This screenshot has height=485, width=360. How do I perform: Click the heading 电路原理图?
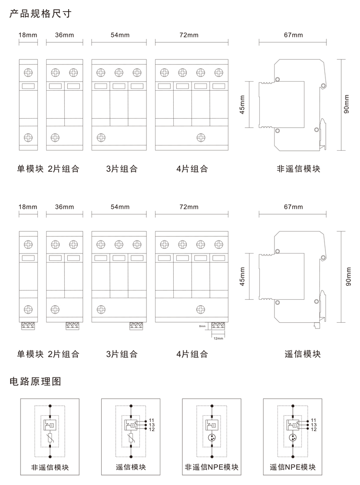pos(36,382)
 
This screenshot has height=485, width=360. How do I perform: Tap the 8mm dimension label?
pos(202,326)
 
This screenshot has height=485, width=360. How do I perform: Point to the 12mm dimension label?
pos(218,338)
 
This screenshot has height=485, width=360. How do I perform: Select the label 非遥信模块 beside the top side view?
pos(298,169)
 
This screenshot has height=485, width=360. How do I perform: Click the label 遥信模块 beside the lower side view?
pos(302,354)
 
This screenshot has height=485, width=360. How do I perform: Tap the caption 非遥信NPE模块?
pos(212,467)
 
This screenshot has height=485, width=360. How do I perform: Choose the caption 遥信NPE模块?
pos(293,467)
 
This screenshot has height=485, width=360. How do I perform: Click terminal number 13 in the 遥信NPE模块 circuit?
pos(313,424)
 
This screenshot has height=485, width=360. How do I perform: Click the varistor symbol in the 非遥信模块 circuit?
pos(50,438)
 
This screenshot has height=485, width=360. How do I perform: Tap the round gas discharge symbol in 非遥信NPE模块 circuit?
pos(212,438)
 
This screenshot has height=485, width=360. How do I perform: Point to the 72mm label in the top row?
pos(189,35)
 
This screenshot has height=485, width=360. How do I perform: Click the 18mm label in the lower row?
pos(28,207)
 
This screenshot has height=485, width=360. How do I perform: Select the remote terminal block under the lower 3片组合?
pos(136,326)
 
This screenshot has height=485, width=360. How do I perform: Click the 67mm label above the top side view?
pos(293,35)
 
